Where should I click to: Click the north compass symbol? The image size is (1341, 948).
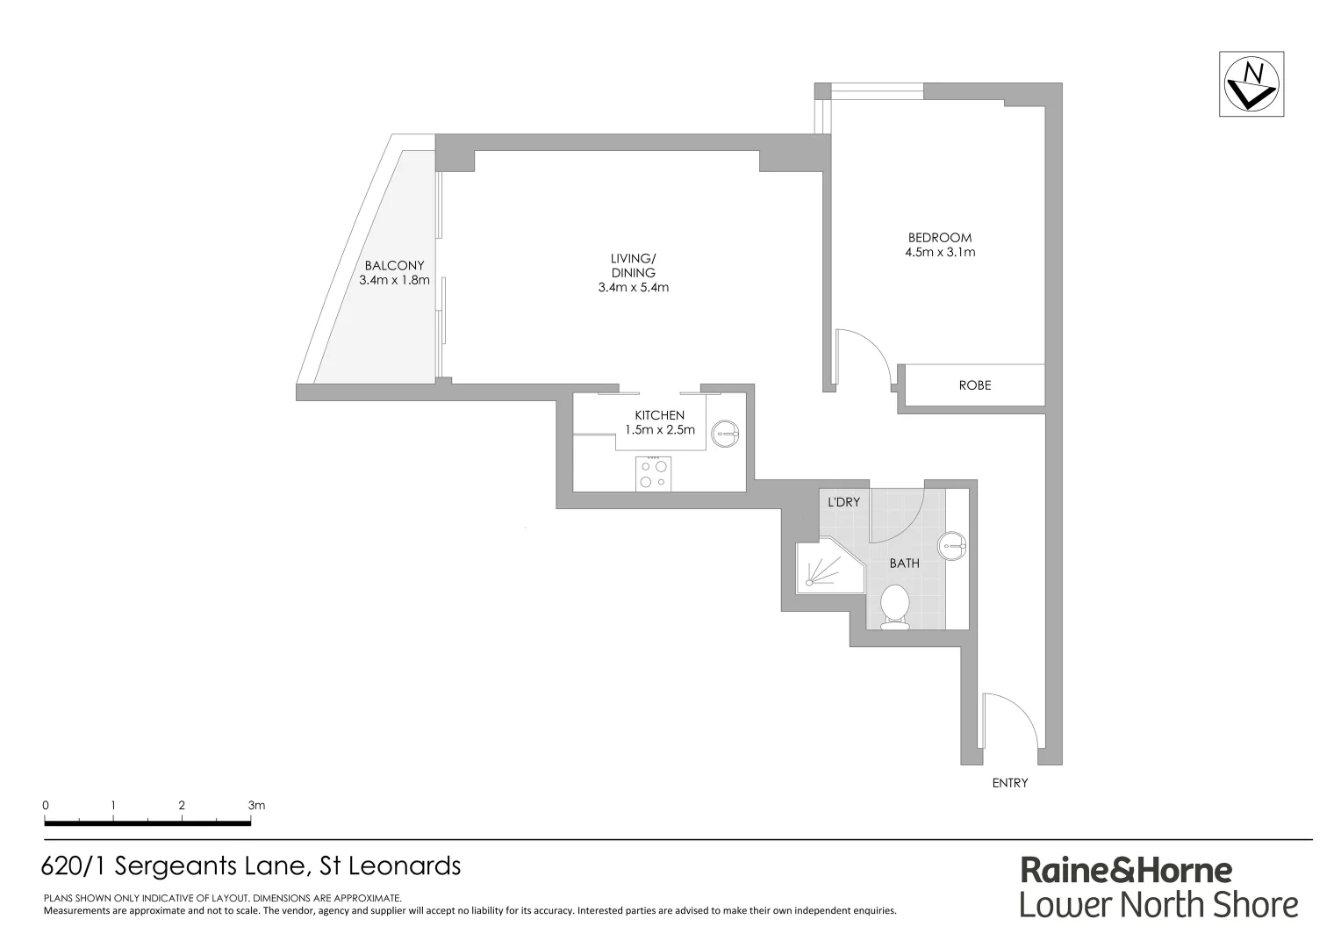pos(1251,84)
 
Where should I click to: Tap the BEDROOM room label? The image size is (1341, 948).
pos(940,237)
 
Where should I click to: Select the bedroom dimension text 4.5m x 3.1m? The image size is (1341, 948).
pos(940,253)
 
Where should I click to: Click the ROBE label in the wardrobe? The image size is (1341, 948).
pos(974,385)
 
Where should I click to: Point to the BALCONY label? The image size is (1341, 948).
pos(394,265)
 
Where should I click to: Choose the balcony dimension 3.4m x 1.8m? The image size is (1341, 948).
pos(394,281)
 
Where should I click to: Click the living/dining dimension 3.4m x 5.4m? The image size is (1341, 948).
pos(633,287)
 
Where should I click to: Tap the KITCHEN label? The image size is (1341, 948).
pos(659,415)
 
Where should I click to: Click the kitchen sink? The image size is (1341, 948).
pos(726,431)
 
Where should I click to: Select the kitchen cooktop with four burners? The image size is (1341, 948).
pos(654,474)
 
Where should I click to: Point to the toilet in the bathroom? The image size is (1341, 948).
pos(894,607)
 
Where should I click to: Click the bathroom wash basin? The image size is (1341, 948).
pos(951,545)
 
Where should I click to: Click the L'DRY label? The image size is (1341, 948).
pos(843,503)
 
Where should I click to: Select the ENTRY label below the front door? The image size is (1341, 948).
pos(1009,783)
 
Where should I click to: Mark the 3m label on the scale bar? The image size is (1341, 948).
pos(256,805)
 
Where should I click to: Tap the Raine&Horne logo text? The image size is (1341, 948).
pos(1125,871)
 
